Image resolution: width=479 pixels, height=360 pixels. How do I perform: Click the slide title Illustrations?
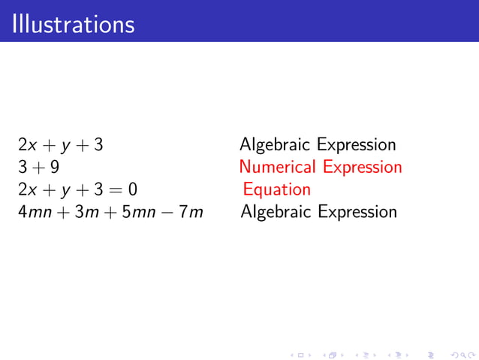(73, 24)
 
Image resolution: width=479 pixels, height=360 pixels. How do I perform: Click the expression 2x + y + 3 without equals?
(60, 145)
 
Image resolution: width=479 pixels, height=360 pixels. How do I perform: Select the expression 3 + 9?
(38, 167)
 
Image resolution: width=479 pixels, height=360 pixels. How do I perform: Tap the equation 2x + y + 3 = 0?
(77, 189)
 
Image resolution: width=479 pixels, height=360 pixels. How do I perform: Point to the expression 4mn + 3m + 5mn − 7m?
(110, 212)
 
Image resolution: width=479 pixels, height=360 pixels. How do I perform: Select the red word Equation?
(276, 189)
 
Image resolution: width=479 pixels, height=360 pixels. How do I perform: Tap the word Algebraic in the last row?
(276, 212)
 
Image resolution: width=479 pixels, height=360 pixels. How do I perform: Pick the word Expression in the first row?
(356, 145)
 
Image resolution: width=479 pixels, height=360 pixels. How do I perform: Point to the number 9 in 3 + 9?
(54, 167)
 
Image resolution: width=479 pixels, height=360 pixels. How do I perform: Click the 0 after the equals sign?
(132, 189)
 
